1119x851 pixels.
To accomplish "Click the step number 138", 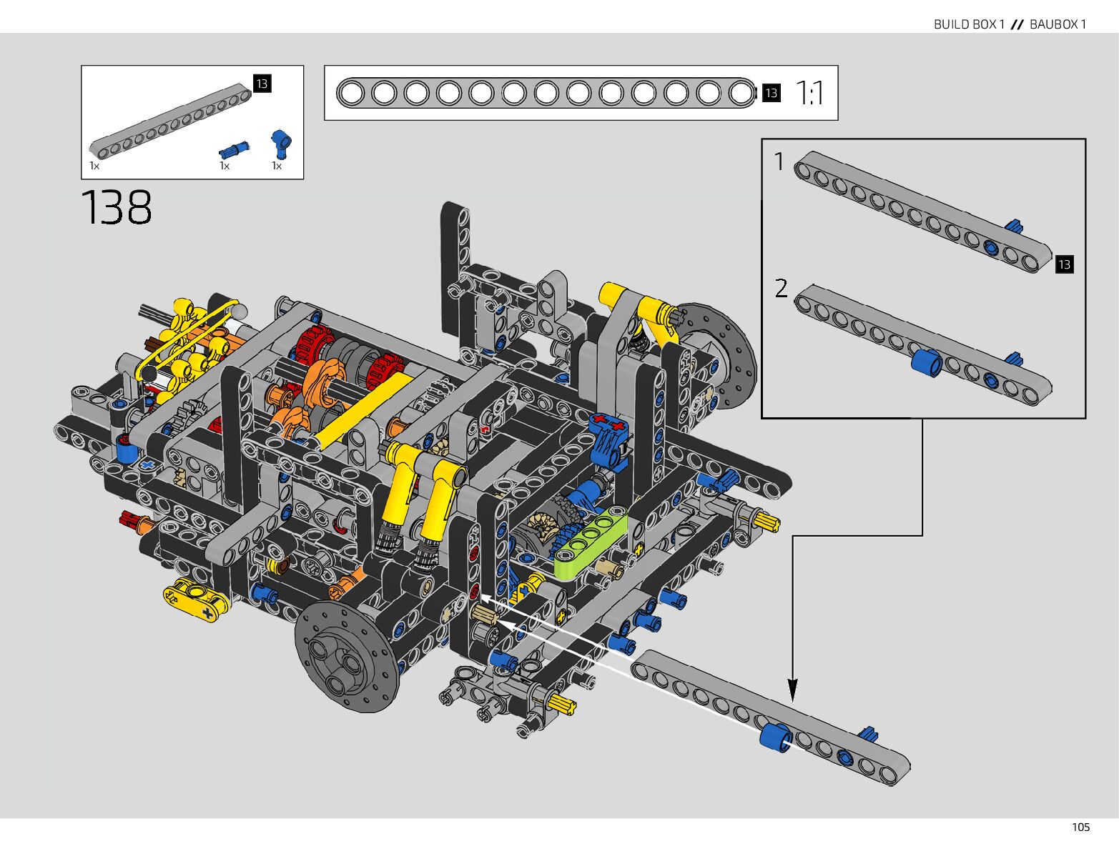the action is tap(117, 207).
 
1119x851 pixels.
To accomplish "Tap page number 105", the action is tap(1081, 827).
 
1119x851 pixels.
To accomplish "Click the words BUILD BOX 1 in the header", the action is tap(969, 24).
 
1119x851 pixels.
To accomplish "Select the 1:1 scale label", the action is tap(809, 93).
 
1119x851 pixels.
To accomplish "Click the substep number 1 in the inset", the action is tap(779, 161).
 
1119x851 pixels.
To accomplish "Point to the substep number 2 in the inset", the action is tap(781, 288).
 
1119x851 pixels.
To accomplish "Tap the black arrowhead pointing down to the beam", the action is tap(792, 690).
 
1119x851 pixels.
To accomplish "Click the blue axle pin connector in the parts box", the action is tap(281, 144).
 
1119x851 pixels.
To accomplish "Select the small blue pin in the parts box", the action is tap(234, 150).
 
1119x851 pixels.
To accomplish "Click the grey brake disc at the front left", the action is tap(347, 657).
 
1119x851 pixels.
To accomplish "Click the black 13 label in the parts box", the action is tap(262, 84).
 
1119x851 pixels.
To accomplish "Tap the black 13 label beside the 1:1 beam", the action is tap(772, 93).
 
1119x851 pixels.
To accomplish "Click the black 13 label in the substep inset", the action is tap(1065, 264).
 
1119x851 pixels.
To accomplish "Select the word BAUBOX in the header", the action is tap(1053, 24).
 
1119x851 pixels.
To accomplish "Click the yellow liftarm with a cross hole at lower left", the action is tap(196, 601).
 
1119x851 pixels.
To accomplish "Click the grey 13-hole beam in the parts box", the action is tap(170, 121).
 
